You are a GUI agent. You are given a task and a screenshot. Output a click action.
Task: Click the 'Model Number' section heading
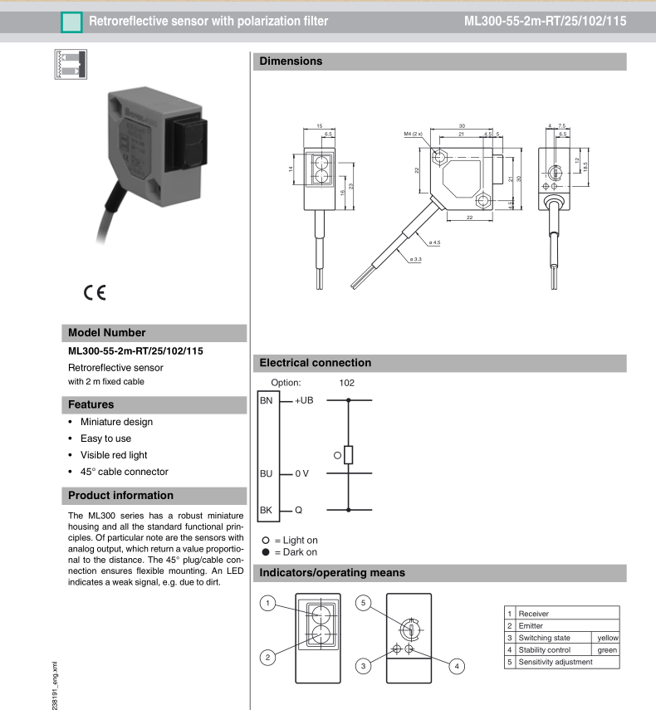pos(107,333)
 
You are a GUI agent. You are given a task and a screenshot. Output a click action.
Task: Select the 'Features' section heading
pos(91,404)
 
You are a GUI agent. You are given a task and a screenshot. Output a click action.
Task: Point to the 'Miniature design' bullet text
pos(118,422)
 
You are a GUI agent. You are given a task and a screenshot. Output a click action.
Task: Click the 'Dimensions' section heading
pos(291,61)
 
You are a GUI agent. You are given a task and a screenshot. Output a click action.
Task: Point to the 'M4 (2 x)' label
pos(415,132)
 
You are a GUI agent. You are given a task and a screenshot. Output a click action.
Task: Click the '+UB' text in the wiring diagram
pos(306,401)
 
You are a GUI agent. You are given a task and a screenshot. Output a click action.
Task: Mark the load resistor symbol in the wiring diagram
pos(349,455)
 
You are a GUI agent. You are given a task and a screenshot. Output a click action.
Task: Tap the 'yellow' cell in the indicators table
pos(608,637)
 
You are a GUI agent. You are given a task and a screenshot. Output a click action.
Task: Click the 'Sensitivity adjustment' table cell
pos(556,662)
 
